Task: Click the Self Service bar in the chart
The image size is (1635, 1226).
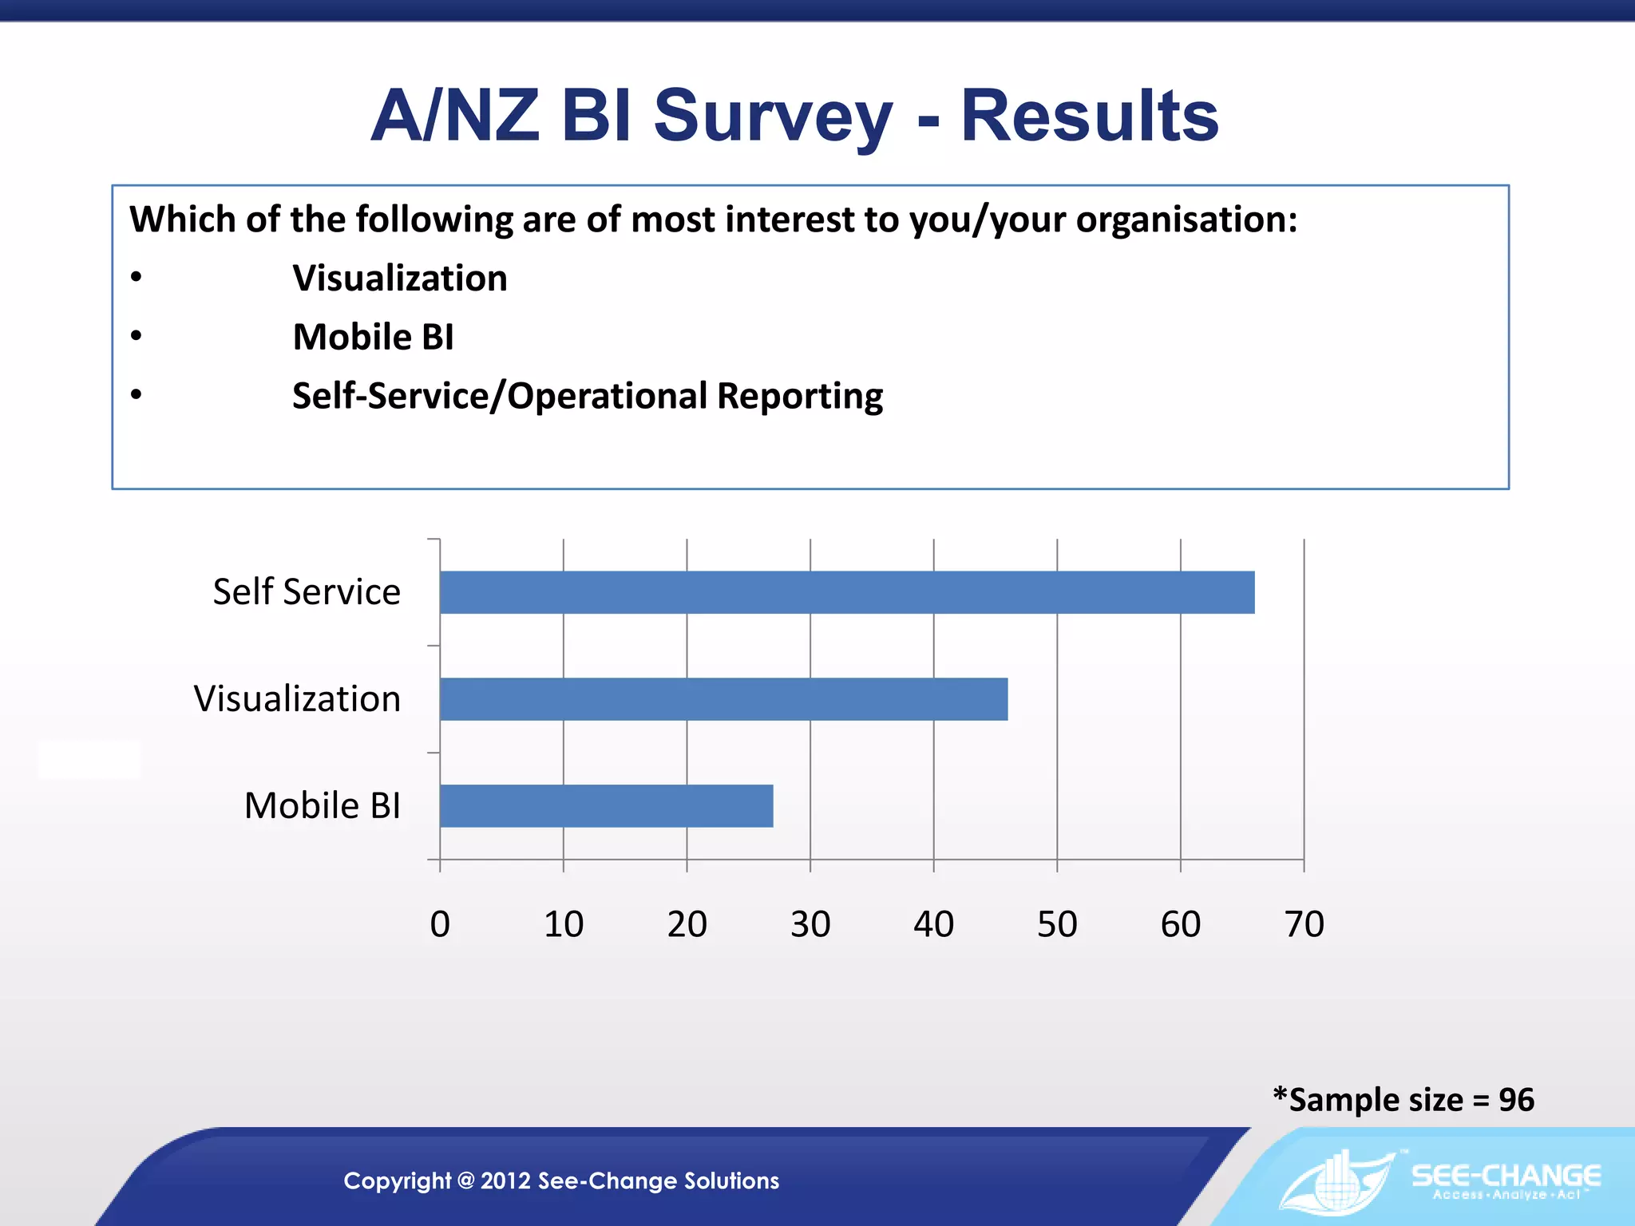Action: (x=846, y=592)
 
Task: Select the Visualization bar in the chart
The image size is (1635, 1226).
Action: (x=723, y=699)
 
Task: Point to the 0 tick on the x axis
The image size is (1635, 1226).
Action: (x=440, y=924)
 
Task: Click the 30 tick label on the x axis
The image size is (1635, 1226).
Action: (x=810, y=924)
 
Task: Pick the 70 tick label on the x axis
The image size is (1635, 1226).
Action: (x=1304, y=924)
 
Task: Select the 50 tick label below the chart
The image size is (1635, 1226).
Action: (x=1057, y=924)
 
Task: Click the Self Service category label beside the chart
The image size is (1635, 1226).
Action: (x=307, y=592)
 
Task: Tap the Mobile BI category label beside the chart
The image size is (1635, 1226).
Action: (x=323, y=806)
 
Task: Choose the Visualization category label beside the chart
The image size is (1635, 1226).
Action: (x=297, y=699)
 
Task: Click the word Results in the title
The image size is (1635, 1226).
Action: (x=1089, y=117)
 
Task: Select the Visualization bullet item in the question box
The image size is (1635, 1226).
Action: (x=399, y=279)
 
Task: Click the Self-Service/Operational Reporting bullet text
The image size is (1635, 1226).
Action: (x=588, y=396)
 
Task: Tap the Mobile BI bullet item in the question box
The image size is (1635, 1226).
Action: (x=373, y=337)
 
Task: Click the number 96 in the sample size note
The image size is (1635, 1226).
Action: (x=1516, y=1100)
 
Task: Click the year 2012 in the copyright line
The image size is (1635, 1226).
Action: (x=505, y=1181)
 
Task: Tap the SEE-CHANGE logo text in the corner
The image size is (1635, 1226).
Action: (x=1506, y=1176)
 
